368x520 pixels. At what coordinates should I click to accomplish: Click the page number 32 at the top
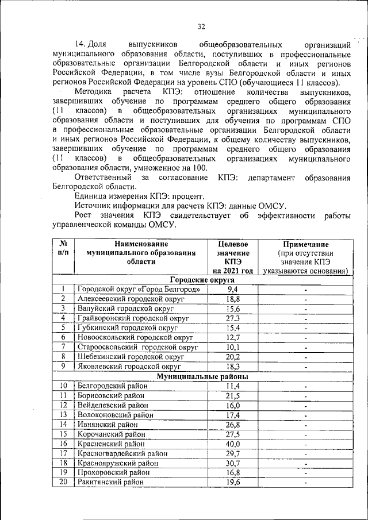coord(201,26)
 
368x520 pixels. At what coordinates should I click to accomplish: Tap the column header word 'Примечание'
coord(305,244)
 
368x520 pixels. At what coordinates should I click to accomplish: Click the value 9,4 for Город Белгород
coord(232,289)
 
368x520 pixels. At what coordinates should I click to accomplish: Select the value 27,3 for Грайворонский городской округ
coord(232,318)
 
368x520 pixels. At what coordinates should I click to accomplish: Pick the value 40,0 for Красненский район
coord(232,444)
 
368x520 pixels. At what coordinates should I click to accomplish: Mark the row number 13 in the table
coord(64,415)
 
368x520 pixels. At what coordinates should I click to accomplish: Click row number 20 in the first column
coord(64,482)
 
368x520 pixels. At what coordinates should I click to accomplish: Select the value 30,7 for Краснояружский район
coord(232,463)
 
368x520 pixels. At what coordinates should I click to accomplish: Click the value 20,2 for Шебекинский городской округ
coord(232,357)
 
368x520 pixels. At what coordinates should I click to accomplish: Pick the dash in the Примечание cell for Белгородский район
coord(305,387)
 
